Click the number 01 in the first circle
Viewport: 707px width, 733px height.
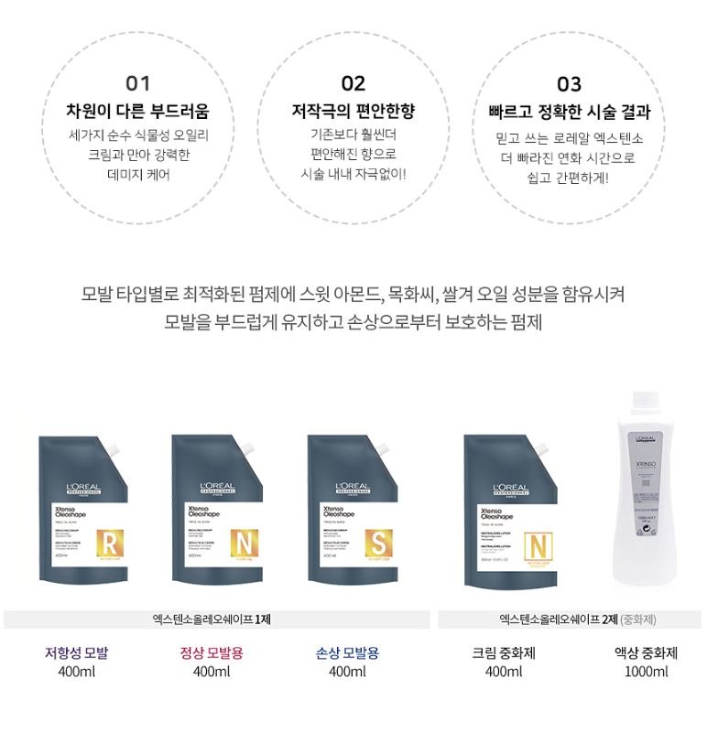pos(137,84)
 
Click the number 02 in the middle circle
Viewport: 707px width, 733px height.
pos(353,84)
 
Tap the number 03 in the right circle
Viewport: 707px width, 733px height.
pos(569,84)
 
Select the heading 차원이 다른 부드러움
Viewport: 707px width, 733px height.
pos(137,112)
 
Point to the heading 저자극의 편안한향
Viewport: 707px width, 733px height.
pos(353,112)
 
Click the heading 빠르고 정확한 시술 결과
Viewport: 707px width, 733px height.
pos(569,113)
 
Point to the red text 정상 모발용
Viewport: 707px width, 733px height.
pos(212,653)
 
